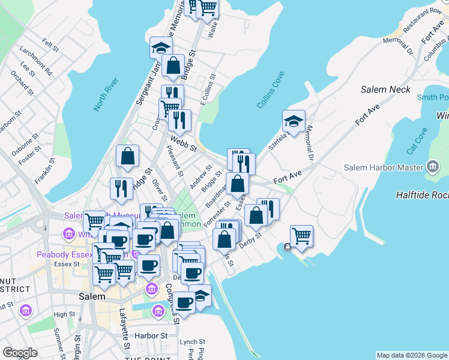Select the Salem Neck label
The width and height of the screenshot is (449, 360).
point(385,89)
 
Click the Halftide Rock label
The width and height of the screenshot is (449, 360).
point(422,195)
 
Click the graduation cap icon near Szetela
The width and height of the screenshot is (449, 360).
point(294,121)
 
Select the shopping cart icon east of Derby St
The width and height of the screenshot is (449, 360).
point(301,235)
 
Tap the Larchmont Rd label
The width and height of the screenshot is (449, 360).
point(40,65)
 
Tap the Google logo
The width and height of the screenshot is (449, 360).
point(20,353)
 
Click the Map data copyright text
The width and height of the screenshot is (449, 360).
point(412,355)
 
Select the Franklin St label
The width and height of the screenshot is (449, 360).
point(46,170)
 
